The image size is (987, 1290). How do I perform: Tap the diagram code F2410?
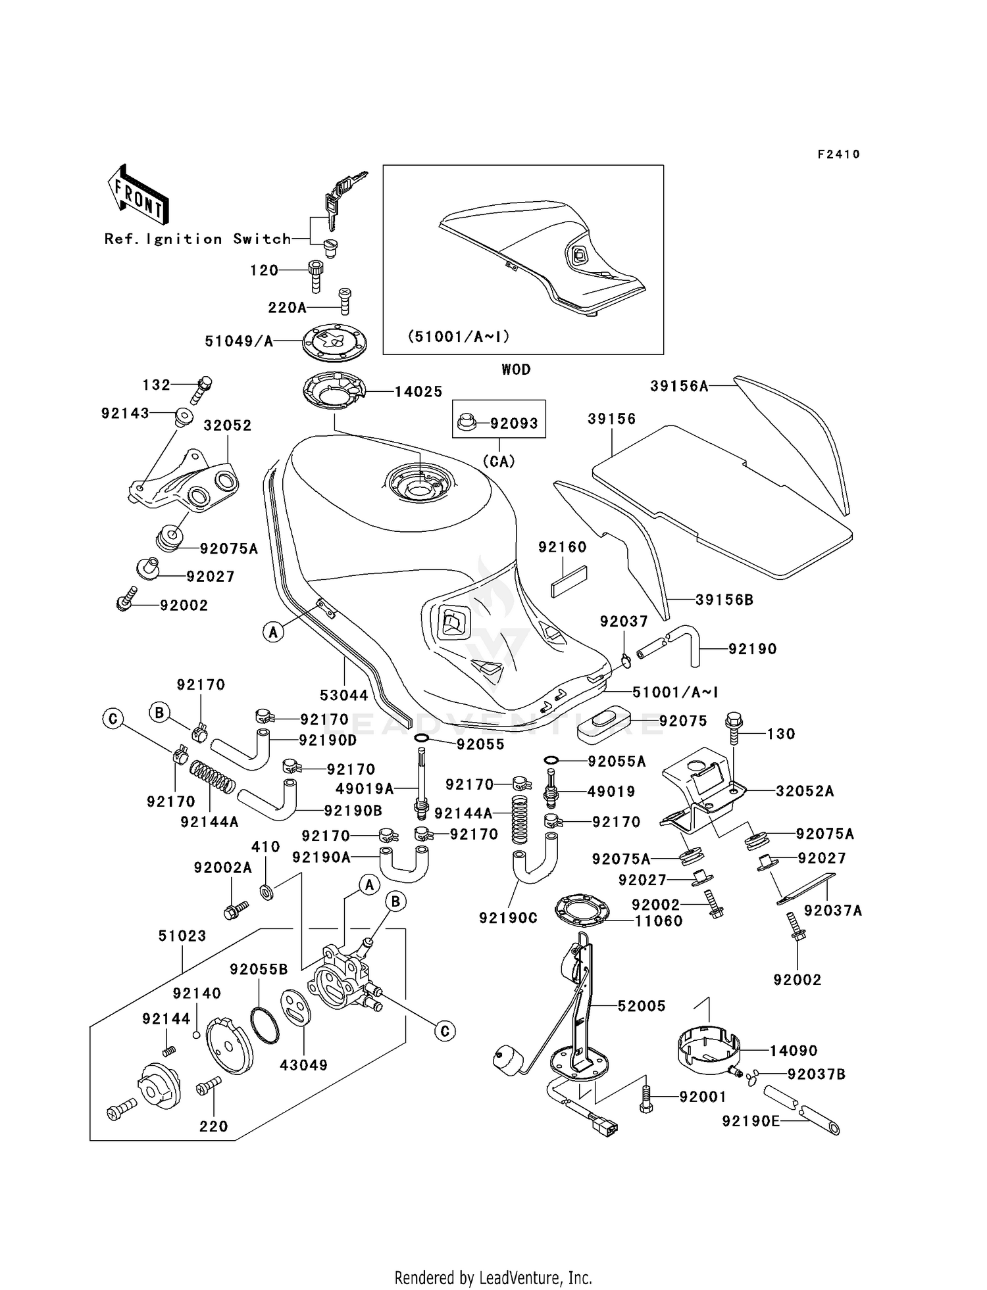[x=838, y=155]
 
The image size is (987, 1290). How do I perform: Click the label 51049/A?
[x=239, y=341]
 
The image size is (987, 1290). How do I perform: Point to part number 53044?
[x=344, y=695]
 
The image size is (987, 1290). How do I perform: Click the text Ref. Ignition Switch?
[x=197, y=239]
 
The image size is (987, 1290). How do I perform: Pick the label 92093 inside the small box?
[x=514, y=423]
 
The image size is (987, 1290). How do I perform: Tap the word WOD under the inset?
[x=516, y=370]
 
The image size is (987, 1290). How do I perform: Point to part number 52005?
[x=641, y=1005]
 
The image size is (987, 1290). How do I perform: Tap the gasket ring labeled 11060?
[x=582, y=910]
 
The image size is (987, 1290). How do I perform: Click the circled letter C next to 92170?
[x=113, y=719]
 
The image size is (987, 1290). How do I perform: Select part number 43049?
[x=303, y=1064]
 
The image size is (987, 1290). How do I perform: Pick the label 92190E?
[x=750, y=1120]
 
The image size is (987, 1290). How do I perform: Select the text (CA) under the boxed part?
[x=498, y=462]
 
